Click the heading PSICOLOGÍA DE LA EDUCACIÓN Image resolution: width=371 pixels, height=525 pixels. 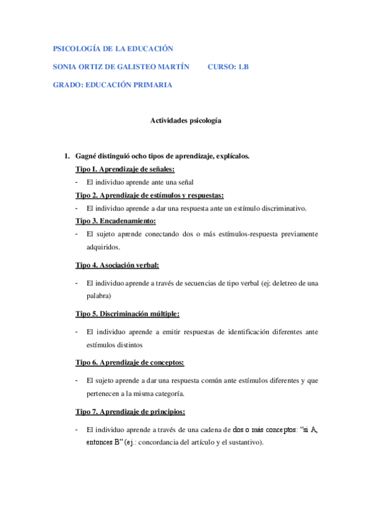[113, 48]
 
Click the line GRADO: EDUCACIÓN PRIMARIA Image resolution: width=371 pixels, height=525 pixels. [112, 85]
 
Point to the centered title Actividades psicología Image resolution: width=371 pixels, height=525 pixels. [186, 121]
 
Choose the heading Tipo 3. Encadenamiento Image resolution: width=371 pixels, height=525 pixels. [115, 221]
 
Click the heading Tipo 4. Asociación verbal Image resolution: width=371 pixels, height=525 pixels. [117, 266]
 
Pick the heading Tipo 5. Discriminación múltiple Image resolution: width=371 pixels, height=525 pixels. [128, 314]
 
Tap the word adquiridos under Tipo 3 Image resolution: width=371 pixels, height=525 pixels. [103, 247]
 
